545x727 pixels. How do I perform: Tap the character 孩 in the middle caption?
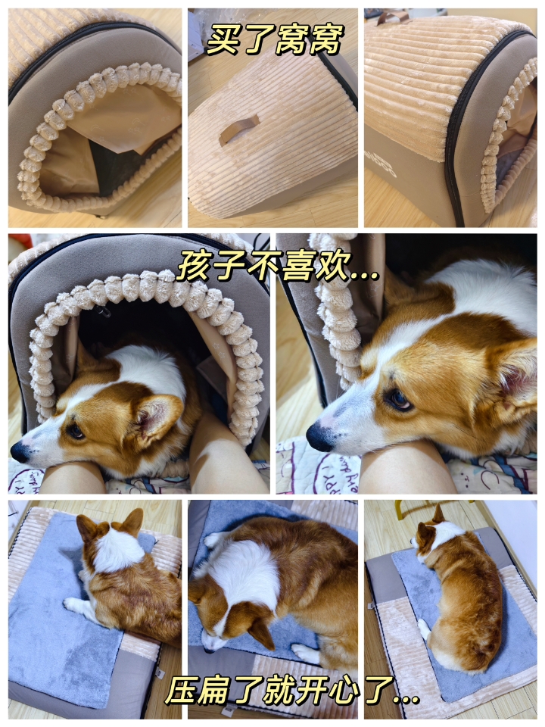[194, 266]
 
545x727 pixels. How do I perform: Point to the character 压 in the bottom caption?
[182, 691]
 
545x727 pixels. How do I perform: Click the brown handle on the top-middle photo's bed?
[239, 129]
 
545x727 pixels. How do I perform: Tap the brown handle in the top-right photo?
[393, 17]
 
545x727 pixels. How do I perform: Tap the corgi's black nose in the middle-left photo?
[20, 451]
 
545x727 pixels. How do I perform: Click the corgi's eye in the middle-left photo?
[76, 431]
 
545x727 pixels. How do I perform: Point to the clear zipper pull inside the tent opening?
[104, 311]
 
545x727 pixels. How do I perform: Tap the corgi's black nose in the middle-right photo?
[319, 436]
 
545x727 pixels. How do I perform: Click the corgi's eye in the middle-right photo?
[398, 399]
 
